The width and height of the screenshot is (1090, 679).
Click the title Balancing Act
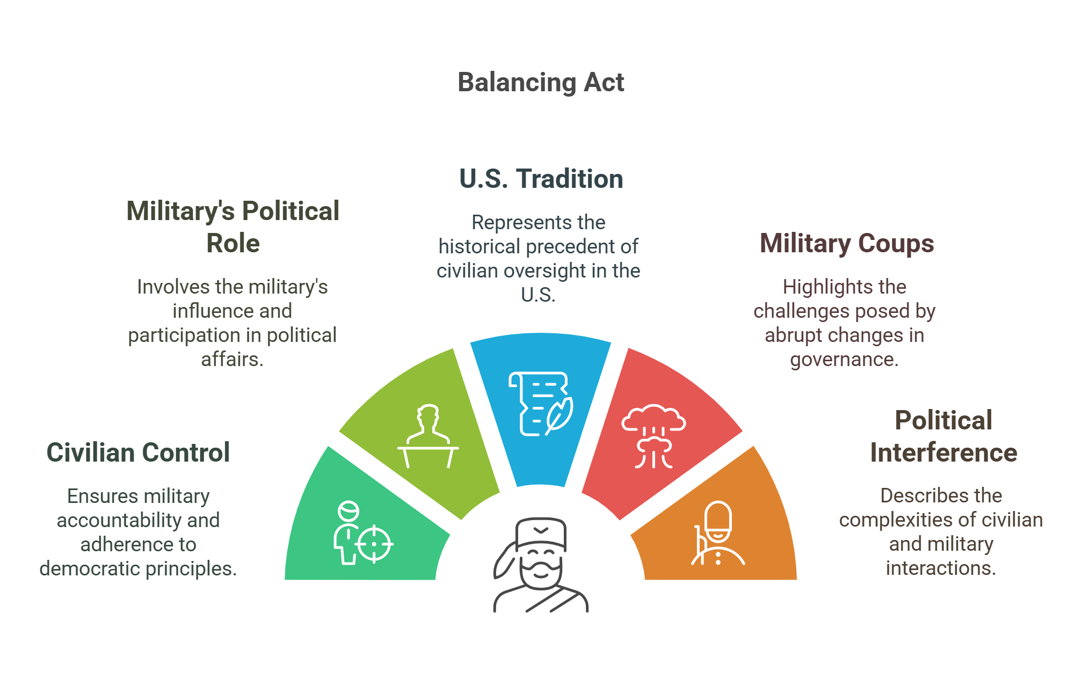(541, 83)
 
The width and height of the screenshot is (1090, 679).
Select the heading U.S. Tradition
(541, 179)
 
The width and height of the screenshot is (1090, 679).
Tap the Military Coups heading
(847, 244)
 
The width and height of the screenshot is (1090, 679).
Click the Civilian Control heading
(138, 452)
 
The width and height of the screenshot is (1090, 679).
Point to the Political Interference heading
(943, 436)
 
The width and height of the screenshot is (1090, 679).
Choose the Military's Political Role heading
(232, 227)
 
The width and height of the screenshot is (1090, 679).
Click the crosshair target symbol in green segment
(374, 544)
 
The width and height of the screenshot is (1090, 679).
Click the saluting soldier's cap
(541, 531)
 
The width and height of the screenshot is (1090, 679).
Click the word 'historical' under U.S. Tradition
(479, 246)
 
